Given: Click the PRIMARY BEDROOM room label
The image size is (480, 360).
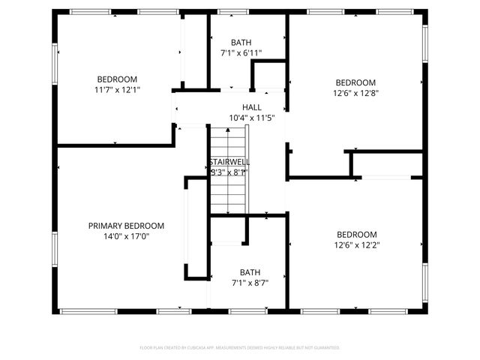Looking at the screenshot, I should (x=126, y=226).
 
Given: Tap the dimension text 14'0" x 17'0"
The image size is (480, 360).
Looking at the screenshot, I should (x=126, y=236).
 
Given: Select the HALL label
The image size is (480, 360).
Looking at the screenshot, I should (x=251, y=107).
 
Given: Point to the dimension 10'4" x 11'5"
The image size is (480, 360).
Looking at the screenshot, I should (x=251, y=118).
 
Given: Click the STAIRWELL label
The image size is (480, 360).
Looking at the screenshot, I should (x=229, y=162).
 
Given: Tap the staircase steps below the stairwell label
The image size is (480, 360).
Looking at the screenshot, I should (x=228, y=194).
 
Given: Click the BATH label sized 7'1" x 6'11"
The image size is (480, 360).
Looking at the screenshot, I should (x=241, y=43).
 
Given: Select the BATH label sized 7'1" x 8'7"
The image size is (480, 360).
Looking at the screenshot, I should (x=250, y=272).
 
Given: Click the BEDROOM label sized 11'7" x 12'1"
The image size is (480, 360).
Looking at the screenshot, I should (x=117, y=79).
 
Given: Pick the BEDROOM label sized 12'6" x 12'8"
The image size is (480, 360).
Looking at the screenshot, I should (x=355, y=82).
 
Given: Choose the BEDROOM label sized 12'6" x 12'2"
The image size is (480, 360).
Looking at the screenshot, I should (x=356, y=234).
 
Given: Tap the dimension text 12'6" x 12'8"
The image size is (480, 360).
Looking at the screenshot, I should (x=355, y=94).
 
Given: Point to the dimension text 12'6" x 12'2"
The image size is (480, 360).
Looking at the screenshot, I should (x=356, y=244).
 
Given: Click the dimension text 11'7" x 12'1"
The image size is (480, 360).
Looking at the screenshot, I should (x=117, y=90).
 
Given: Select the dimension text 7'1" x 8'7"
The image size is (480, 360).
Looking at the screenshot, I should (x=250, y=283).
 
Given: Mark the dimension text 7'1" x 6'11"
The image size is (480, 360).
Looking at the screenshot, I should (x=241, y=53).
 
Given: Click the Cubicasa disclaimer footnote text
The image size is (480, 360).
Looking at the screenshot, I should (x=240, y=347).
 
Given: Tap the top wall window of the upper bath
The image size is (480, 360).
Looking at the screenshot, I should (x=232, y=12).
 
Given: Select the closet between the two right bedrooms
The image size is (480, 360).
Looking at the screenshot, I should (x=387, y=164).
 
